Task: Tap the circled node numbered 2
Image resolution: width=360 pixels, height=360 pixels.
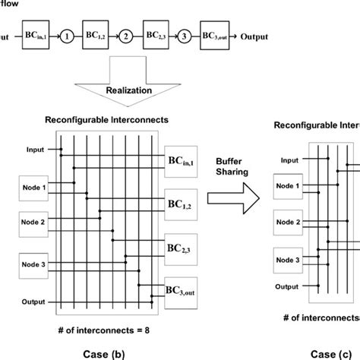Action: tap(127, 35)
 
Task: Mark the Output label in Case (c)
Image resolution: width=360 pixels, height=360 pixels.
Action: tap(286, 286)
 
